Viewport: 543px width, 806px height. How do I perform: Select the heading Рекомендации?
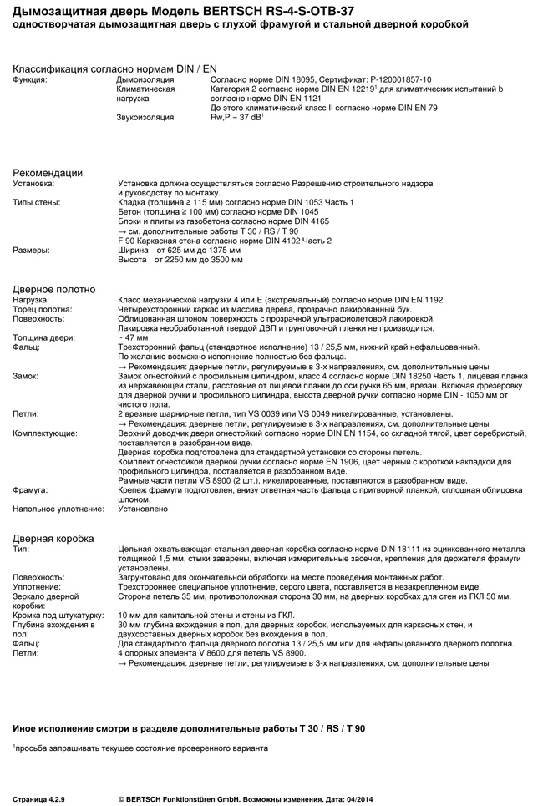[x=47, y=173]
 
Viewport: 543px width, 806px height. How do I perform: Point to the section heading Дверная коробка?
[x=53, y=538]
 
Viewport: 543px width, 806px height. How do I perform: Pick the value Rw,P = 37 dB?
[x=237, y=118]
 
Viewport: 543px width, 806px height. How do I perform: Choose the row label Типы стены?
[x=36, y=202]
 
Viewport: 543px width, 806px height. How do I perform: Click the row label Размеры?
[x=31, y=250]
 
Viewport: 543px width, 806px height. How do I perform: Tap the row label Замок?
[x=26, y=376]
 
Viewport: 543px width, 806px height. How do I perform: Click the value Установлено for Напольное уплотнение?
[x=143, y=509]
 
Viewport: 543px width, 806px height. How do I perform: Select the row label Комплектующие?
[x=45, y=433]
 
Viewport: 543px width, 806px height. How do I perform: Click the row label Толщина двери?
[x=44, y=337]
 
